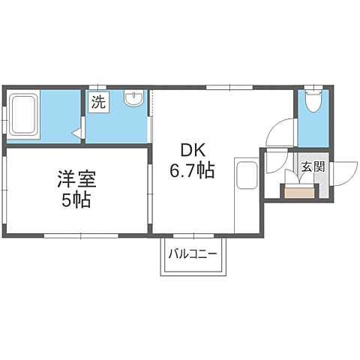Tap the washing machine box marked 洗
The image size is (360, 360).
point(98,103)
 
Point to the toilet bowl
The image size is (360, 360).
point(313,101)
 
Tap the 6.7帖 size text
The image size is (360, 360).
point(193,171)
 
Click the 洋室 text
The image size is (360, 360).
point(76,180)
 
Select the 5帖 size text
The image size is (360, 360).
point(76,201)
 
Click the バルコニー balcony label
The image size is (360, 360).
point(193,253)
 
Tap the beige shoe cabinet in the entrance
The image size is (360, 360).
point(299,192)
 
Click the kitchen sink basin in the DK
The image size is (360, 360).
point(245,177)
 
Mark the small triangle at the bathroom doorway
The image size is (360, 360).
point(76,133)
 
